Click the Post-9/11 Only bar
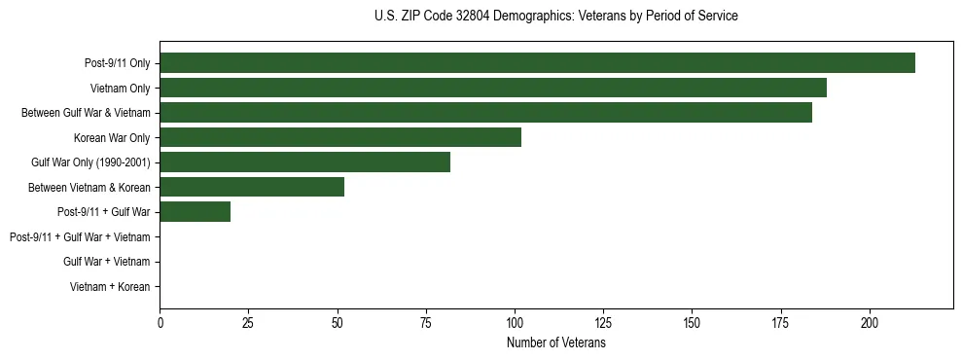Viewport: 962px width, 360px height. point(537,63)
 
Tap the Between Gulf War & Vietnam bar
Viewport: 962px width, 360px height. point(485,113)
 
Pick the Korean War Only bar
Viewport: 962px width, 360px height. point(340,137)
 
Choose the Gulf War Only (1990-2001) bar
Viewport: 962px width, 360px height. point(304,162)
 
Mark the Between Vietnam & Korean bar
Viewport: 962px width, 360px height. point(252,187)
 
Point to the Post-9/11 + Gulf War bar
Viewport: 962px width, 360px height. point(195,212)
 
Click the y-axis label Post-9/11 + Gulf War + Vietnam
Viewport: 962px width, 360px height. point(80,236)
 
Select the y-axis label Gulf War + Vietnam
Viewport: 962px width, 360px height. point(107,262)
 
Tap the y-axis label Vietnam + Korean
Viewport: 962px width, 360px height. point(110,286)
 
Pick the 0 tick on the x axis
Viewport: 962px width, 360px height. point(160,322)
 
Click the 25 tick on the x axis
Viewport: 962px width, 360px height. point(248,322)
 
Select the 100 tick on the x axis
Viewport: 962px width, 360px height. point(515,322)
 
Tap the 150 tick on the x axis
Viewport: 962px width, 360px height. point(692,322)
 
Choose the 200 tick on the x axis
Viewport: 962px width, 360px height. point(870,322)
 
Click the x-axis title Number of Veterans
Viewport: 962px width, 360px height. point(556,342)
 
